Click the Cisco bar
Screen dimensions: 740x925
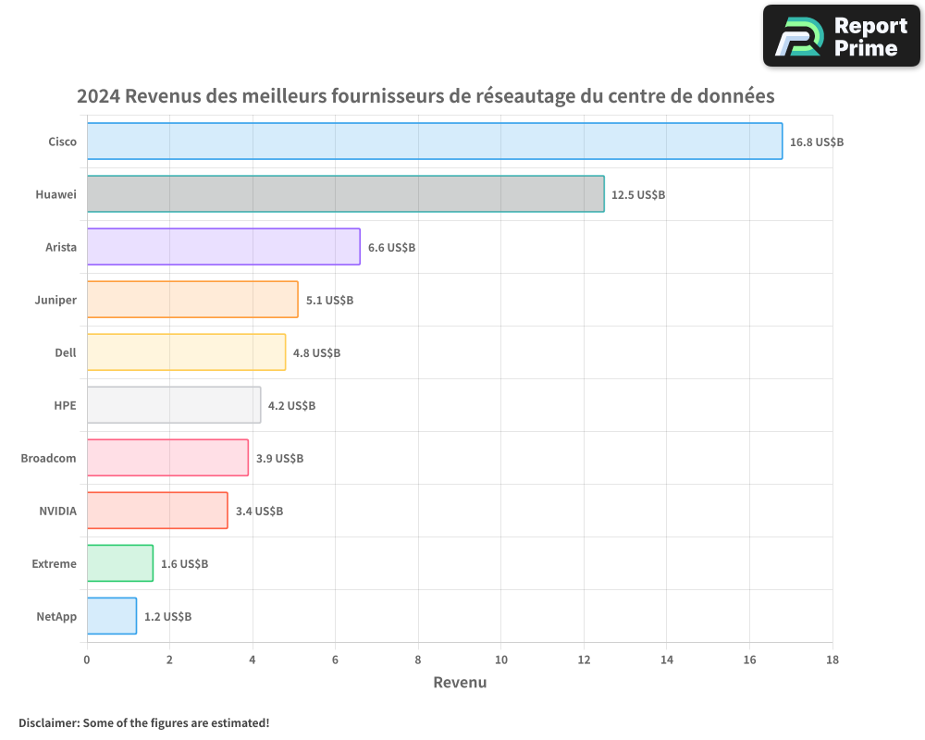point(435,142)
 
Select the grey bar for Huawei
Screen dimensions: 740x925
point(345,194)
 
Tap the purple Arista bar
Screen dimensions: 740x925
point(223,247)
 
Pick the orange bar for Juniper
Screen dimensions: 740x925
point(192,300)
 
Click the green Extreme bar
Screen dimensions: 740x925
point(120,563)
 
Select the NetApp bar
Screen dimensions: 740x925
point(112,616)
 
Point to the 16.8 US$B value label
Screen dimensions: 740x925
point(816,142)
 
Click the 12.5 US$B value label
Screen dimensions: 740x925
point(638,195)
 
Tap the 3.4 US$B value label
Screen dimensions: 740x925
point(259,512)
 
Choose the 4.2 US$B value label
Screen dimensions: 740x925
point(291,406)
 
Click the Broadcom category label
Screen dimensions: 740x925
point(48,458)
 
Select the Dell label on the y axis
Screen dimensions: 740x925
point(65,352)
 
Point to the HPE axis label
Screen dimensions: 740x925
point(65,405)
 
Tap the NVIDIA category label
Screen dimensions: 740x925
point(57,511)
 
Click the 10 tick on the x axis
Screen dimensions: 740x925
point(500,660)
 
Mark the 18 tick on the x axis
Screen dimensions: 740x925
point(832,660)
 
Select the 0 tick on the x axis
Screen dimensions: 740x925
point(87,660)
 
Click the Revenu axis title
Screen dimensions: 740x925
point(460,683)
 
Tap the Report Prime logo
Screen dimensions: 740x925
point(842,36)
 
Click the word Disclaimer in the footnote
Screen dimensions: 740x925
point(47,722)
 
